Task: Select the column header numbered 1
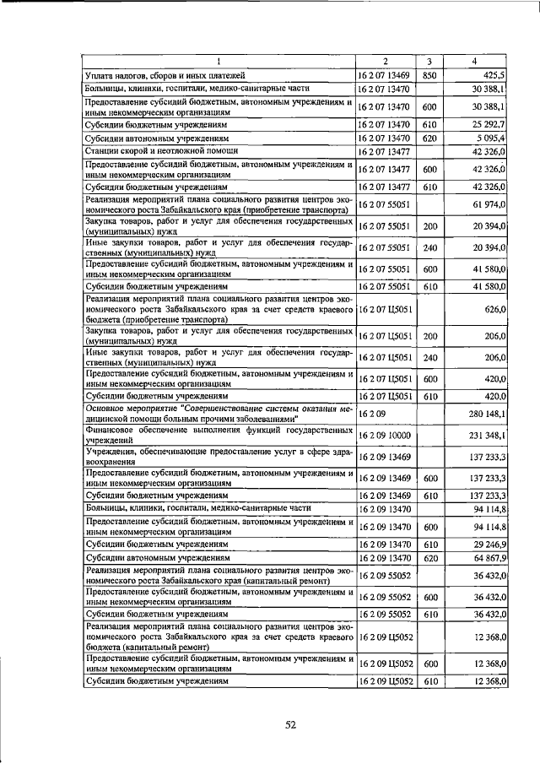coord(218,62)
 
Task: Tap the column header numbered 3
coord(429,62)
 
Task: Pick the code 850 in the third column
coord(429,75)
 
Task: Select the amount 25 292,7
coord(488,123)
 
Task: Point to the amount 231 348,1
coord(485,435)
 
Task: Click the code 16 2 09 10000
coord(385,435)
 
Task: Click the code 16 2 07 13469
coord(385,75)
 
